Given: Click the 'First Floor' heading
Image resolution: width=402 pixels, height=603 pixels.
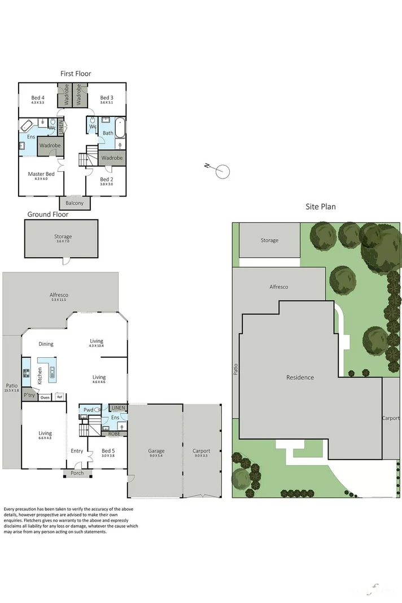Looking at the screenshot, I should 76,73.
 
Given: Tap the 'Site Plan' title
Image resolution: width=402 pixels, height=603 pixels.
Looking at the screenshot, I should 321,207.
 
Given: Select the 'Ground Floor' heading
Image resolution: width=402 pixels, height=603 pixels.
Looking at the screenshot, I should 48,214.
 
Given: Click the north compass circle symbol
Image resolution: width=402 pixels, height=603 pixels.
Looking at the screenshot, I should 223,171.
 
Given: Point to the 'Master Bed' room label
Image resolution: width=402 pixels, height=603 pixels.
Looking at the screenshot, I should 41,174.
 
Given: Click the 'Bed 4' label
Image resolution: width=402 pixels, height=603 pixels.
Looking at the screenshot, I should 38,98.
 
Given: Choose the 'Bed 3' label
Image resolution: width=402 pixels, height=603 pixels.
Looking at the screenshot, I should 107,98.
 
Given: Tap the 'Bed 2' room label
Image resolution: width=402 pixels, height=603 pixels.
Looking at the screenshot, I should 107,179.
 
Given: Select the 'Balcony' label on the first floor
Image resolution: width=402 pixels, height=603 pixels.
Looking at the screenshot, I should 75,203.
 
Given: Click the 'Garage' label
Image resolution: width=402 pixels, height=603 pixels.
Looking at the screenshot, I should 156,451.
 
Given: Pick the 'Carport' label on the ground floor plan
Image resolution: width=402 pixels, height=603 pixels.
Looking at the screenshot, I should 202,451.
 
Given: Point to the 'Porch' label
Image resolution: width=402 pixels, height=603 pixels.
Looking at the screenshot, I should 77,473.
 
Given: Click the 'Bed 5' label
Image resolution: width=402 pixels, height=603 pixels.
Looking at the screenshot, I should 108,451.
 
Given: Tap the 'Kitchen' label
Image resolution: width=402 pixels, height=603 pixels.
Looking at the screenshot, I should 40,376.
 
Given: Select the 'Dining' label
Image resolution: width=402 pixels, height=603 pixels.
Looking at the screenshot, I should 46,344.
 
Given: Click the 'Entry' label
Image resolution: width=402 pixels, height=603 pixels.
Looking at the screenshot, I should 77,451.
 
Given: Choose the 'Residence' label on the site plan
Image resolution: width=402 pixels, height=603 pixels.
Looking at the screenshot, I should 300,378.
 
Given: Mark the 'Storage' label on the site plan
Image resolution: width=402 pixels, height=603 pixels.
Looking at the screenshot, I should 269,240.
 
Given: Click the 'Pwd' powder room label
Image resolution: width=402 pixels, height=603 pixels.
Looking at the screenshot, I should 88,410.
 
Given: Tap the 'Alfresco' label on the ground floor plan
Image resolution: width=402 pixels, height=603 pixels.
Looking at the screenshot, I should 59,295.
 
